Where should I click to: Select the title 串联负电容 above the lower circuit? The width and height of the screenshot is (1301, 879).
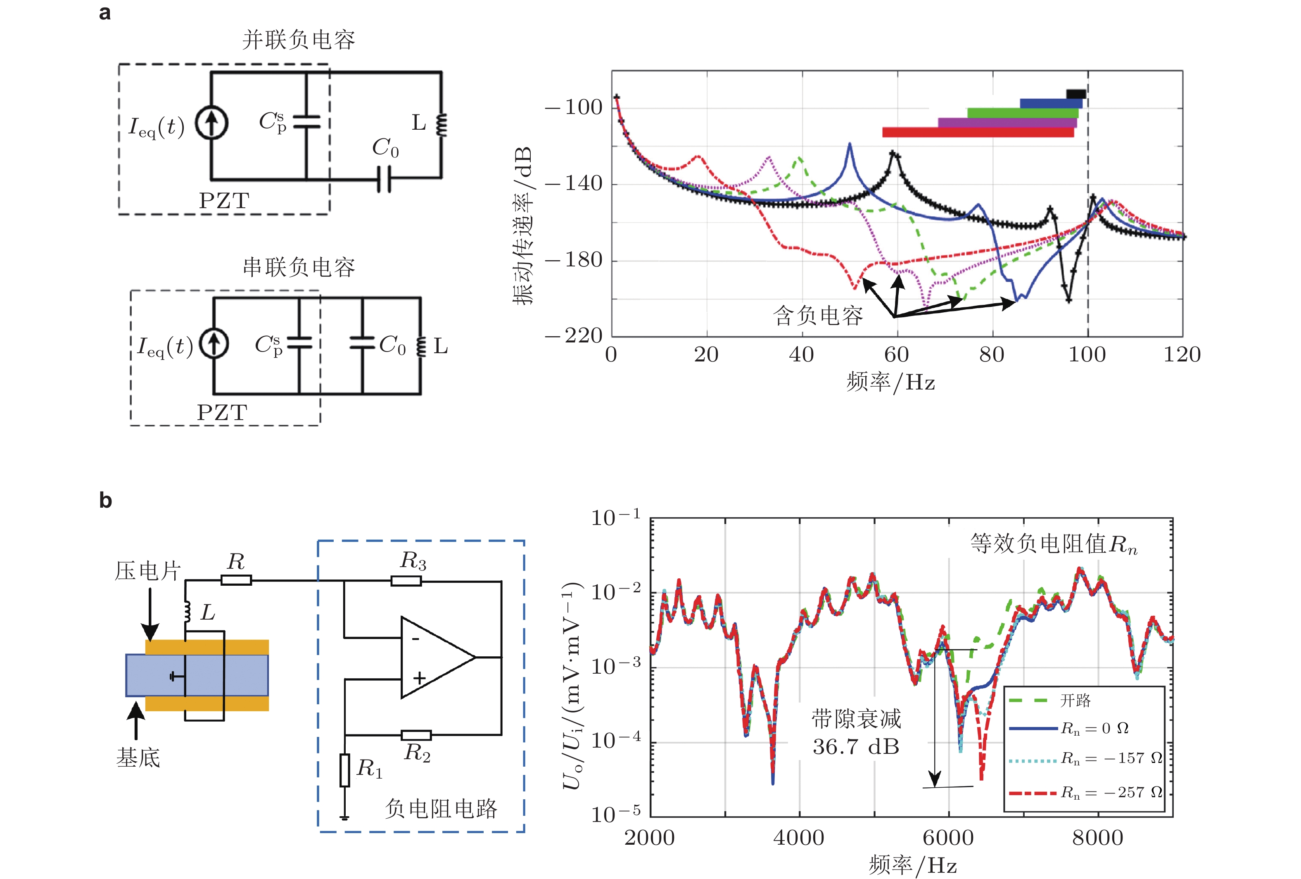298,267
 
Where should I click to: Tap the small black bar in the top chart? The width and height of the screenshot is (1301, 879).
1075,94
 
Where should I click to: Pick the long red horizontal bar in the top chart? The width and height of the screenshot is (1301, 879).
978,133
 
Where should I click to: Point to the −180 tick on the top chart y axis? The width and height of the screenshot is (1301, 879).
574,260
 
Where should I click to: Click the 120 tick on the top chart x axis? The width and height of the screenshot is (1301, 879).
1182,355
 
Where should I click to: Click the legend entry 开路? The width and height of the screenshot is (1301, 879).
1075,701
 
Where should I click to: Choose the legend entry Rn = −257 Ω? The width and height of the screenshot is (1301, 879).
1111,793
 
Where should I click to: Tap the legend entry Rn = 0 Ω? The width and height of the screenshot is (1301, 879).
1094,728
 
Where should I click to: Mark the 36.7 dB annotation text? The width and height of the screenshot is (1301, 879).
855,747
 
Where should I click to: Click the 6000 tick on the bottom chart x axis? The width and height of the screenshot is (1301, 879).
948,838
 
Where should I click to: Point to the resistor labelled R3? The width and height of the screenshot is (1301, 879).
406,581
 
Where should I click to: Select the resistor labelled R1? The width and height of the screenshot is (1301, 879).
345,770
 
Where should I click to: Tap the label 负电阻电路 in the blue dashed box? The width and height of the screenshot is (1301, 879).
441,808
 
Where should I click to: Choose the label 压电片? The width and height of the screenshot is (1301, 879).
148,571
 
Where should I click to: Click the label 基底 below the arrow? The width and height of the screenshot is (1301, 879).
138,758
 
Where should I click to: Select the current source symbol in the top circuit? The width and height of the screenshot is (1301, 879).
211,123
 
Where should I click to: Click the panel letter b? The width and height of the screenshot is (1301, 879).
105,500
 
